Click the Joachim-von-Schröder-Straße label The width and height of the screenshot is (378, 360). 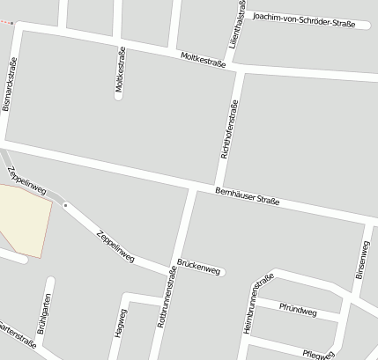pos(303,19)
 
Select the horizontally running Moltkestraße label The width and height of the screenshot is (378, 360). pos(203,60)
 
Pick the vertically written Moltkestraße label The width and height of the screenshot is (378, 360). pos(121,73)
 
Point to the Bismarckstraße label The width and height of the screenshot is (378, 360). pos(11,84)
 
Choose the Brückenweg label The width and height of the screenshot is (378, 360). pos(198,267)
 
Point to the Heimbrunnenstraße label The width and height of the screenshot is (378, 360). pos(254,305)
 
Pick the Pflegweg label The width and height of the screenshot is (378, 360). pos(316,354)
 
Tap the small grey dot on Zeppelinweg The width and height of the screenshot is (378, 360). pos(64,205)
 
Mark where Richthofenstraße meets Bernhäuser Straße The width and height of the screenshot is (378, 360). pos(193,187)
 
